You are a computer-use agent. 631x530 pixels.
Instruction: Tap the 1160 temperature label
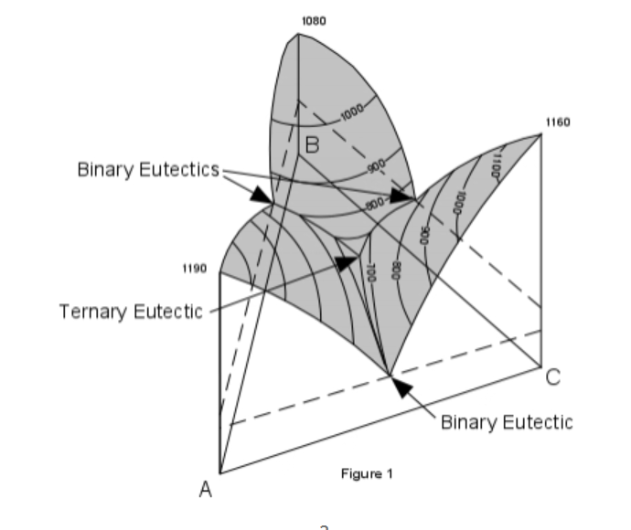click(x=557, y=121)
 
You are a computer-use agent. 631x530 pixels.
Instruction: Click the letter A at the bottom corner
click(x=207, y=491)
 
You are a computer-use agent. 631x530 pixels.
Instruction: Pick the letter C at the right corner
click(x=553, y=376)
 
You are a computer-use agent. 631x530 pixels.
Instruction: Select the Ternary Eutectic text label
click(x=132, y=312)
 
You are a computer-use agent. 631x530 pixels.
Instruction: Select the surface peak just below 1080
click(x=299, y=34)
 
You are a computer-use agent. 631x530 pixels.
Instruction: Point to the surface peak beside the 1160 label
click(x=540, y=133)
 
